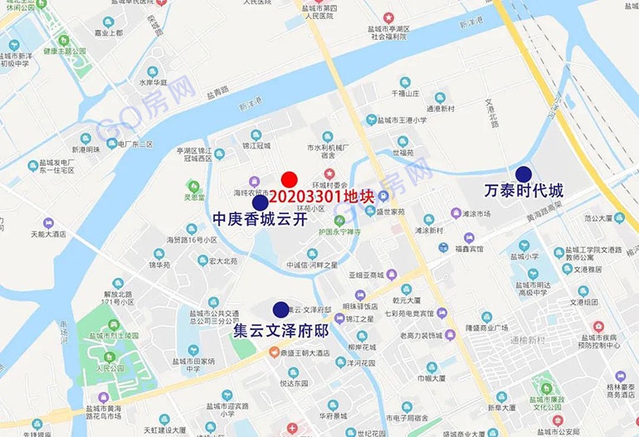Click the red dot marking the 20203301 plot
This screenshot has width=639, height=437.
pyautogui.click(x=290, y=179)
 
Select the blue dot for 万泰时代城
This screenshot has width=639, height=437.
pyautogui.click(x=524, y=174)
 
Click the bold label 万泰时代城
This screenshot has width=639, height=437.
pyautogui.click(x=524, y=192)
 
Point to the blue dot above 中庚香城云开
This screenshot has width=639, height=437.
pyautogui.click(x=260, y=202)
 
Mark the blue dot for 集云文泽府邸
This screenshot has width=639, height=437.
pyautogui.click(x=281, y=309)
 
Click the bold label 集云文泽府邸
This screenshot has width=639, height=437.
pyautogui.click(x=282, y=330)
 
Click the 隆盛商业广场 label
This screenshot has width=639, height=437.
pyautogui.click(x=488, y=327)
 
